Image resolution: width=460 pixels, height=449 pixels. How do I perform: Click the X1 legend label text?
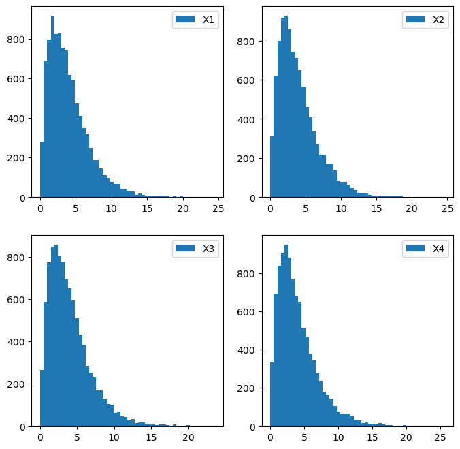(209, 20)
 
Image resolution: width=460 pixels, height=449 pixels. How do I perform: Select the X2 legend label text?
(439, 20)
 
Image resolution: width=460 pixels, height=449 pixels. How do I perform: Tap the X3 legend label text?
(209, 249)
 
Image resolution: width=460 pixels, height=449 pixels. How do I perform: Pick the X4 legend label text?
(439, 249)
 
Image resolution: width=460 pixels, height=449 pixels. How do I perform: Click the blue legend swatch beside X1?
(186, 20)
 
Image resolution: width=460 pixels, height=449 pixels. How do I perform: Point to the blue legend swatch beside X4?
(416, 249)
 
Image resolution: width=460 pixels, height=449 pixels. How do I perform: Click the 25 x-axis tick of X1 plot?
(218, 208)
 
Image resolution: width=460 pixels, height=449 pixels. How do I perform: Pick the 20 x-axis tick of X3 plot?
(188, 437)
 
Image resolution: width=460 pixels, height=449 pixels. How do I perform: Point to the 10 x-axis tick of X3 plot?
(114, 437)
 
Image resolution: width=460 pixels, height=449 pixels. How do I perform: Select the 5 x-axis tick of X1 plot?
(76, 208)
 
